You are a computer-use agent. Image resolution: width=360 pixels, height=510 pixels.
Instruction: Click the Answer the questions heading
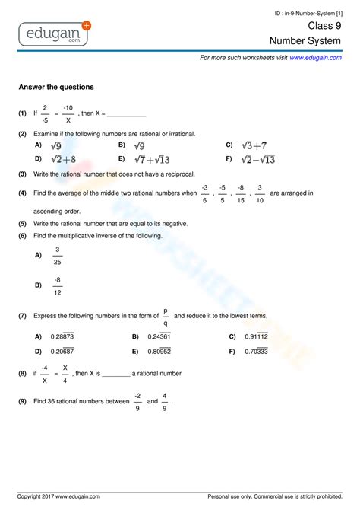56,87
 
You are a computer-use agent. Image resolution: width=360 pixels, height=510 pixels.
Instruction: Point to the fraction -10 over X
68,113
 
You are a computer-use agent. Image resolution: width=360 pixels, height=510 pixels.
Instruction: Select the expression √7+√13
152,159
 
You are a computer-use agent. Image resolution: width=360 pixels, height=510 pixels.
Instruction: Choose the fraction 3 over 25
58,256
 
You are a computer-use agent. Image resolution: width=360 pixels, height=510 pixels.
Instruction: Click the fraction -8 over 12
58,286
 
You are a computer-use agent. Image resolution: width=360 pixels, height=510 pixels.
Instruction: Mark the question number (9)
23,400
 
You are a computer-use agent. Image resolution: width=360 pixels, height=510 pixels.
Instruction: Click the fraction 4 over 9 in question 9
165,401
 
